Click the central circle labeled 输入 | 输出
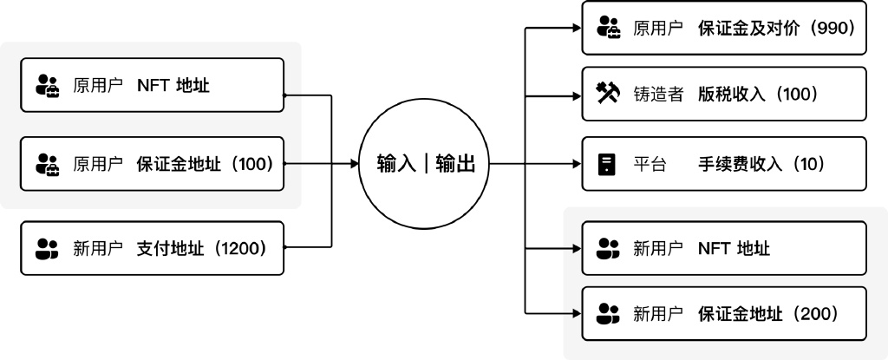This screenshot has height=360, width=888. pyautogui.click(x=421, y=162)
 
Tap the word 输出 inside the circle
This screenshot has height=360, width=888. pyautogui.click(x=454, y=163)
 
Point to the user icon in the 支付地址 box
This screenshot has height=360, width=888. pyautogui.click(x=45, y=249)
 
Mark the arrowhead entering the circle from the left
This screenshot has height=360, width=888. pyautogui.click(x=356, y=163)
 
